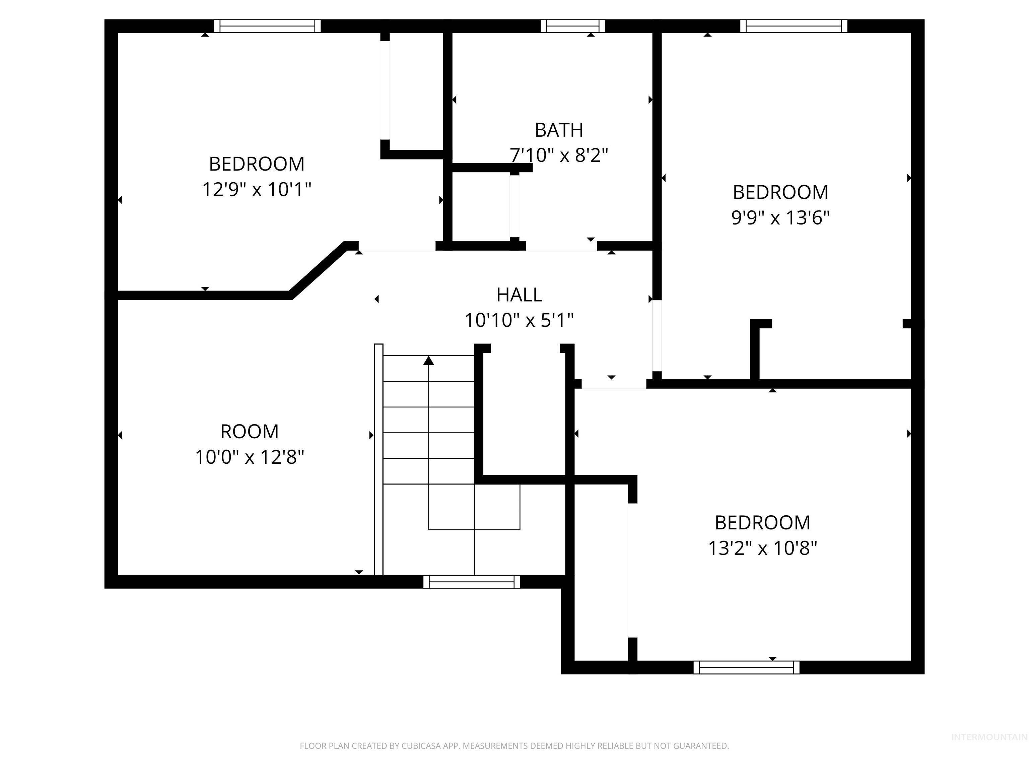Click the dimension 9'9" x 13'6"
click(x=780, y=218)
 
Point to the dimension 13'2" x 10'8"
click(x=762, y=549)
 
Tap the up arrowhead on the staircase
click(x=428, y=361)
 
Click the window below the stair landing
click(x=471, y=582)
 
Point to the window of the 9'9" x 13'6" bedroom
click(x=793, y=26)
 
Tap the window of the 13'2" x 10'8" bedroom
click(x=746, y=667)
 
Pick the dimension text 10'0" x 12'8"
click(x=249, y=457)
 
